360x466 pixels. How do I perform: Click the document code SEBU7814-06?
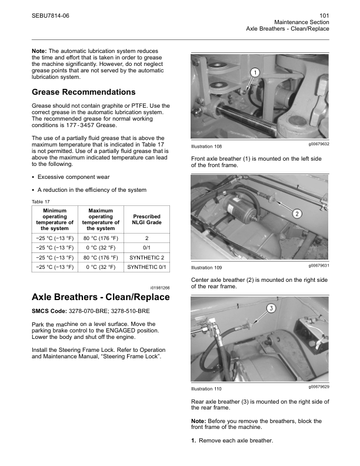[x=50, y=15]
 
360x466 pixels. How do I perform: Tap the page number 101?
[x=324, y=15]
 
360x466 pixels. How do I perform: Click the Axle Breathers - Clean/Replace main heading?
[x=101, y=297]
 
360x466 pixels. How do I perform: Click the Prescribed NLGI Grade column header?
[x=146, y=219]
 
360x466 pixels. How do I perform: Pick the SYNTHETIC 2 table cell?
[x=146, y=257]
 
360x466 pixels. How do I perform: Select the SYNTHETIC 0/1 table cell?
[x=146, y=267]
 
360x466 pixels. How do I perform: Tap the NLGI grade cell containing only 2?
[x=146, y=238]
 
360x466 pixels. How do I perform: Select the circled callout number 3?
[x=272, y=308]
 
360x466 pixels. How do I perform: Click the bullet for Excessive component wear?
[x=33, y=177]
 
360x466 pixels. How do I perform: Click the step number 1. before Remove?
[x=194, y=441]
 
